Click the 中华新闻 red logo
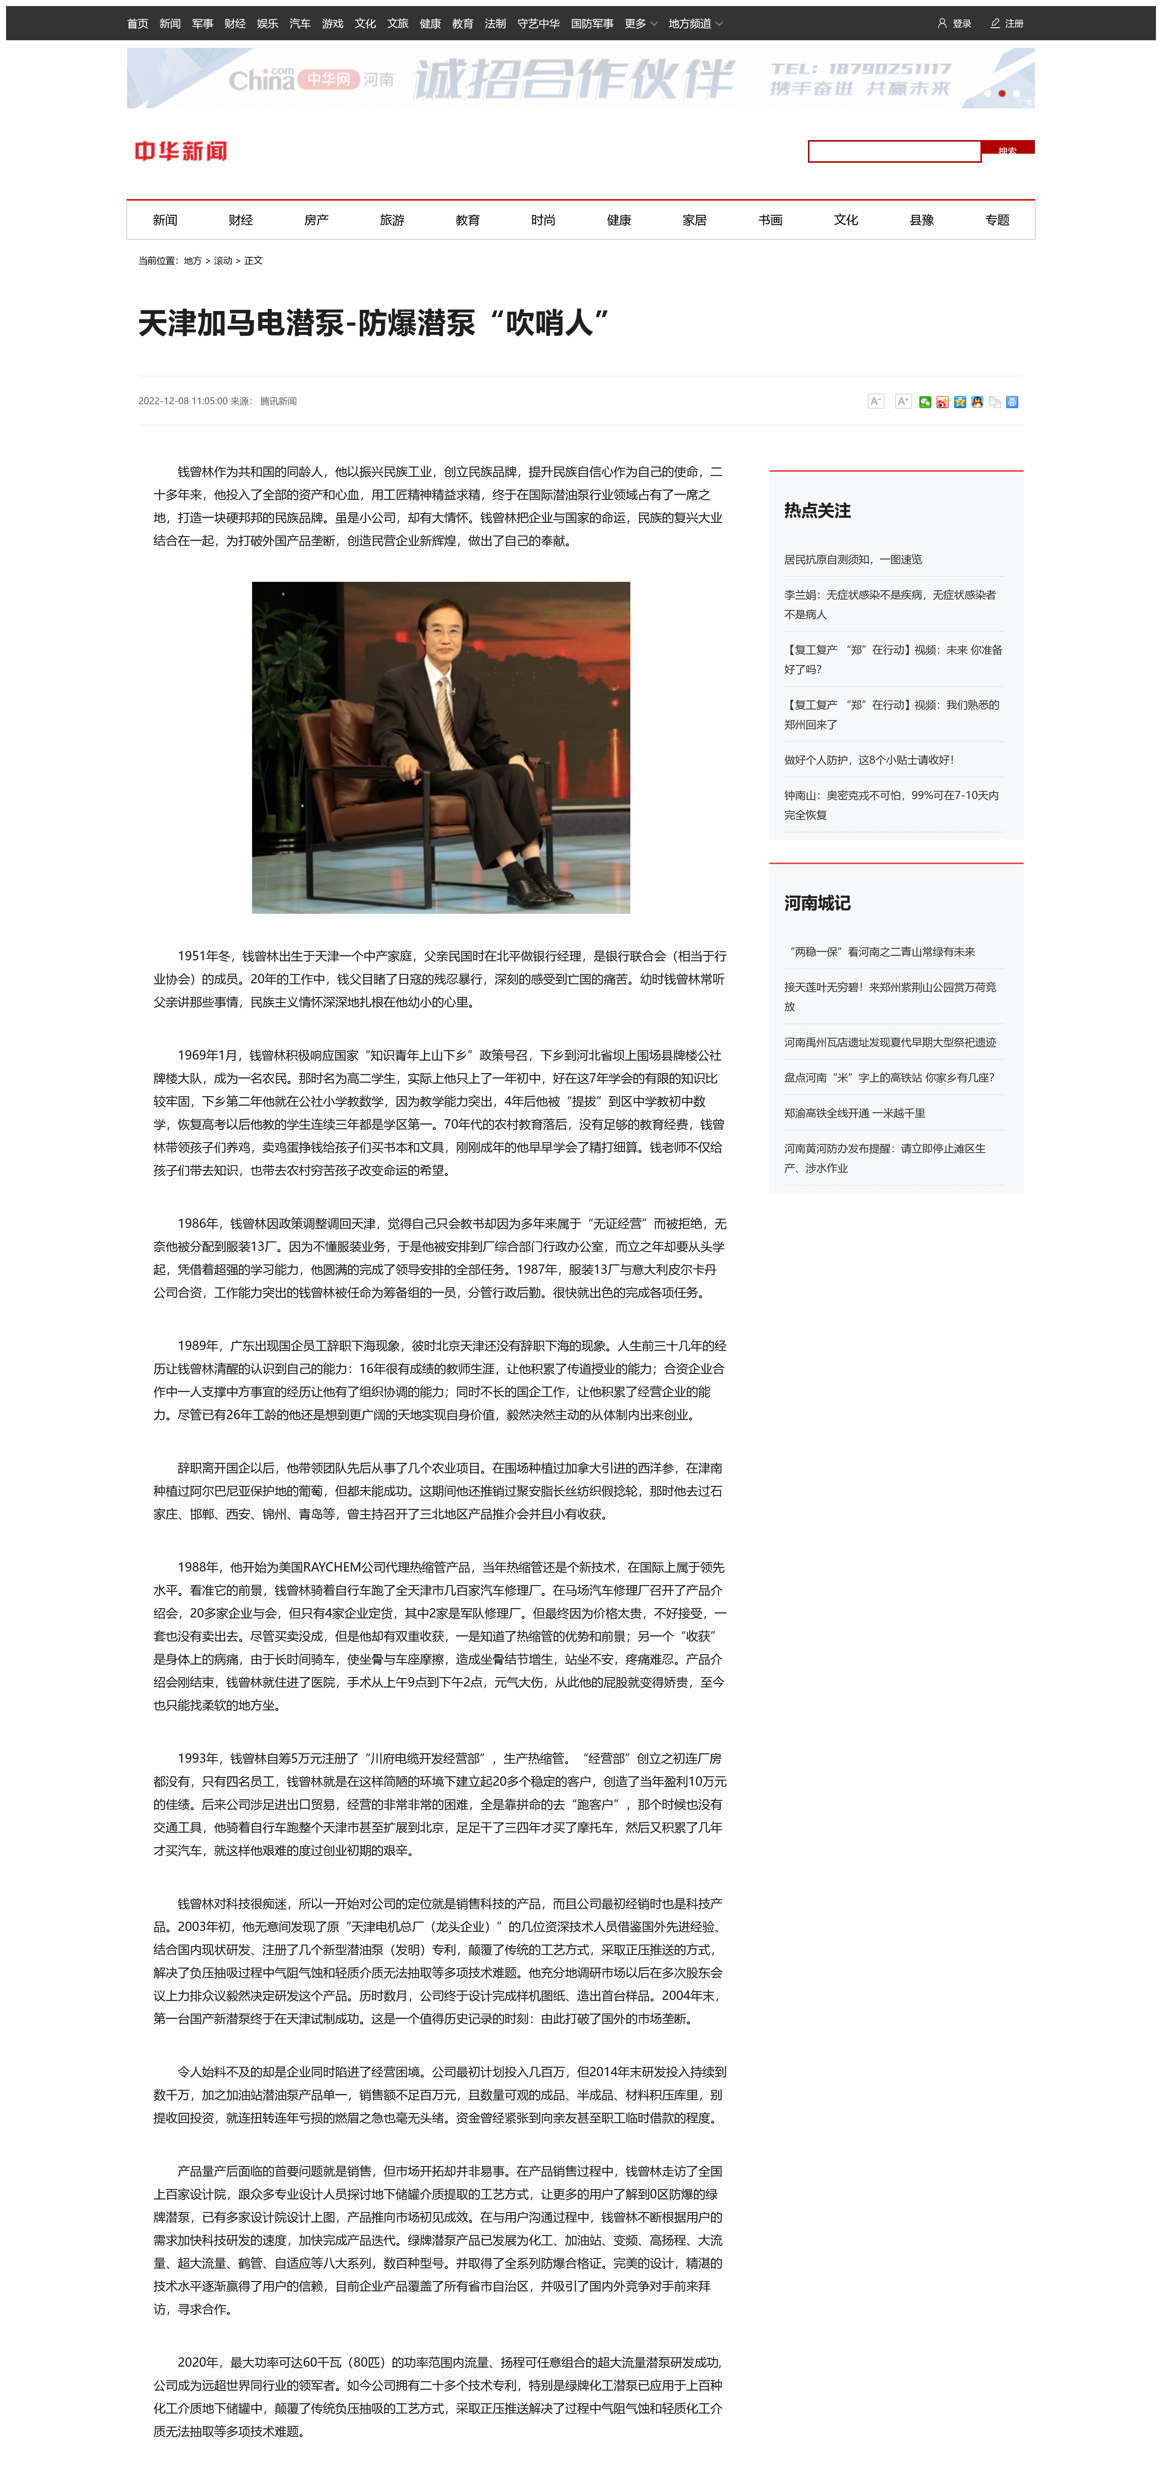click(181, 151)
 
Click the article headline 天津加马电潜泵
click(373, 323)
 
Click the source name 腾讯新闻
click(279, 401)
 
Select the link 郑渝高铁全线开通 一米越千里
click(854, 1113)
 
